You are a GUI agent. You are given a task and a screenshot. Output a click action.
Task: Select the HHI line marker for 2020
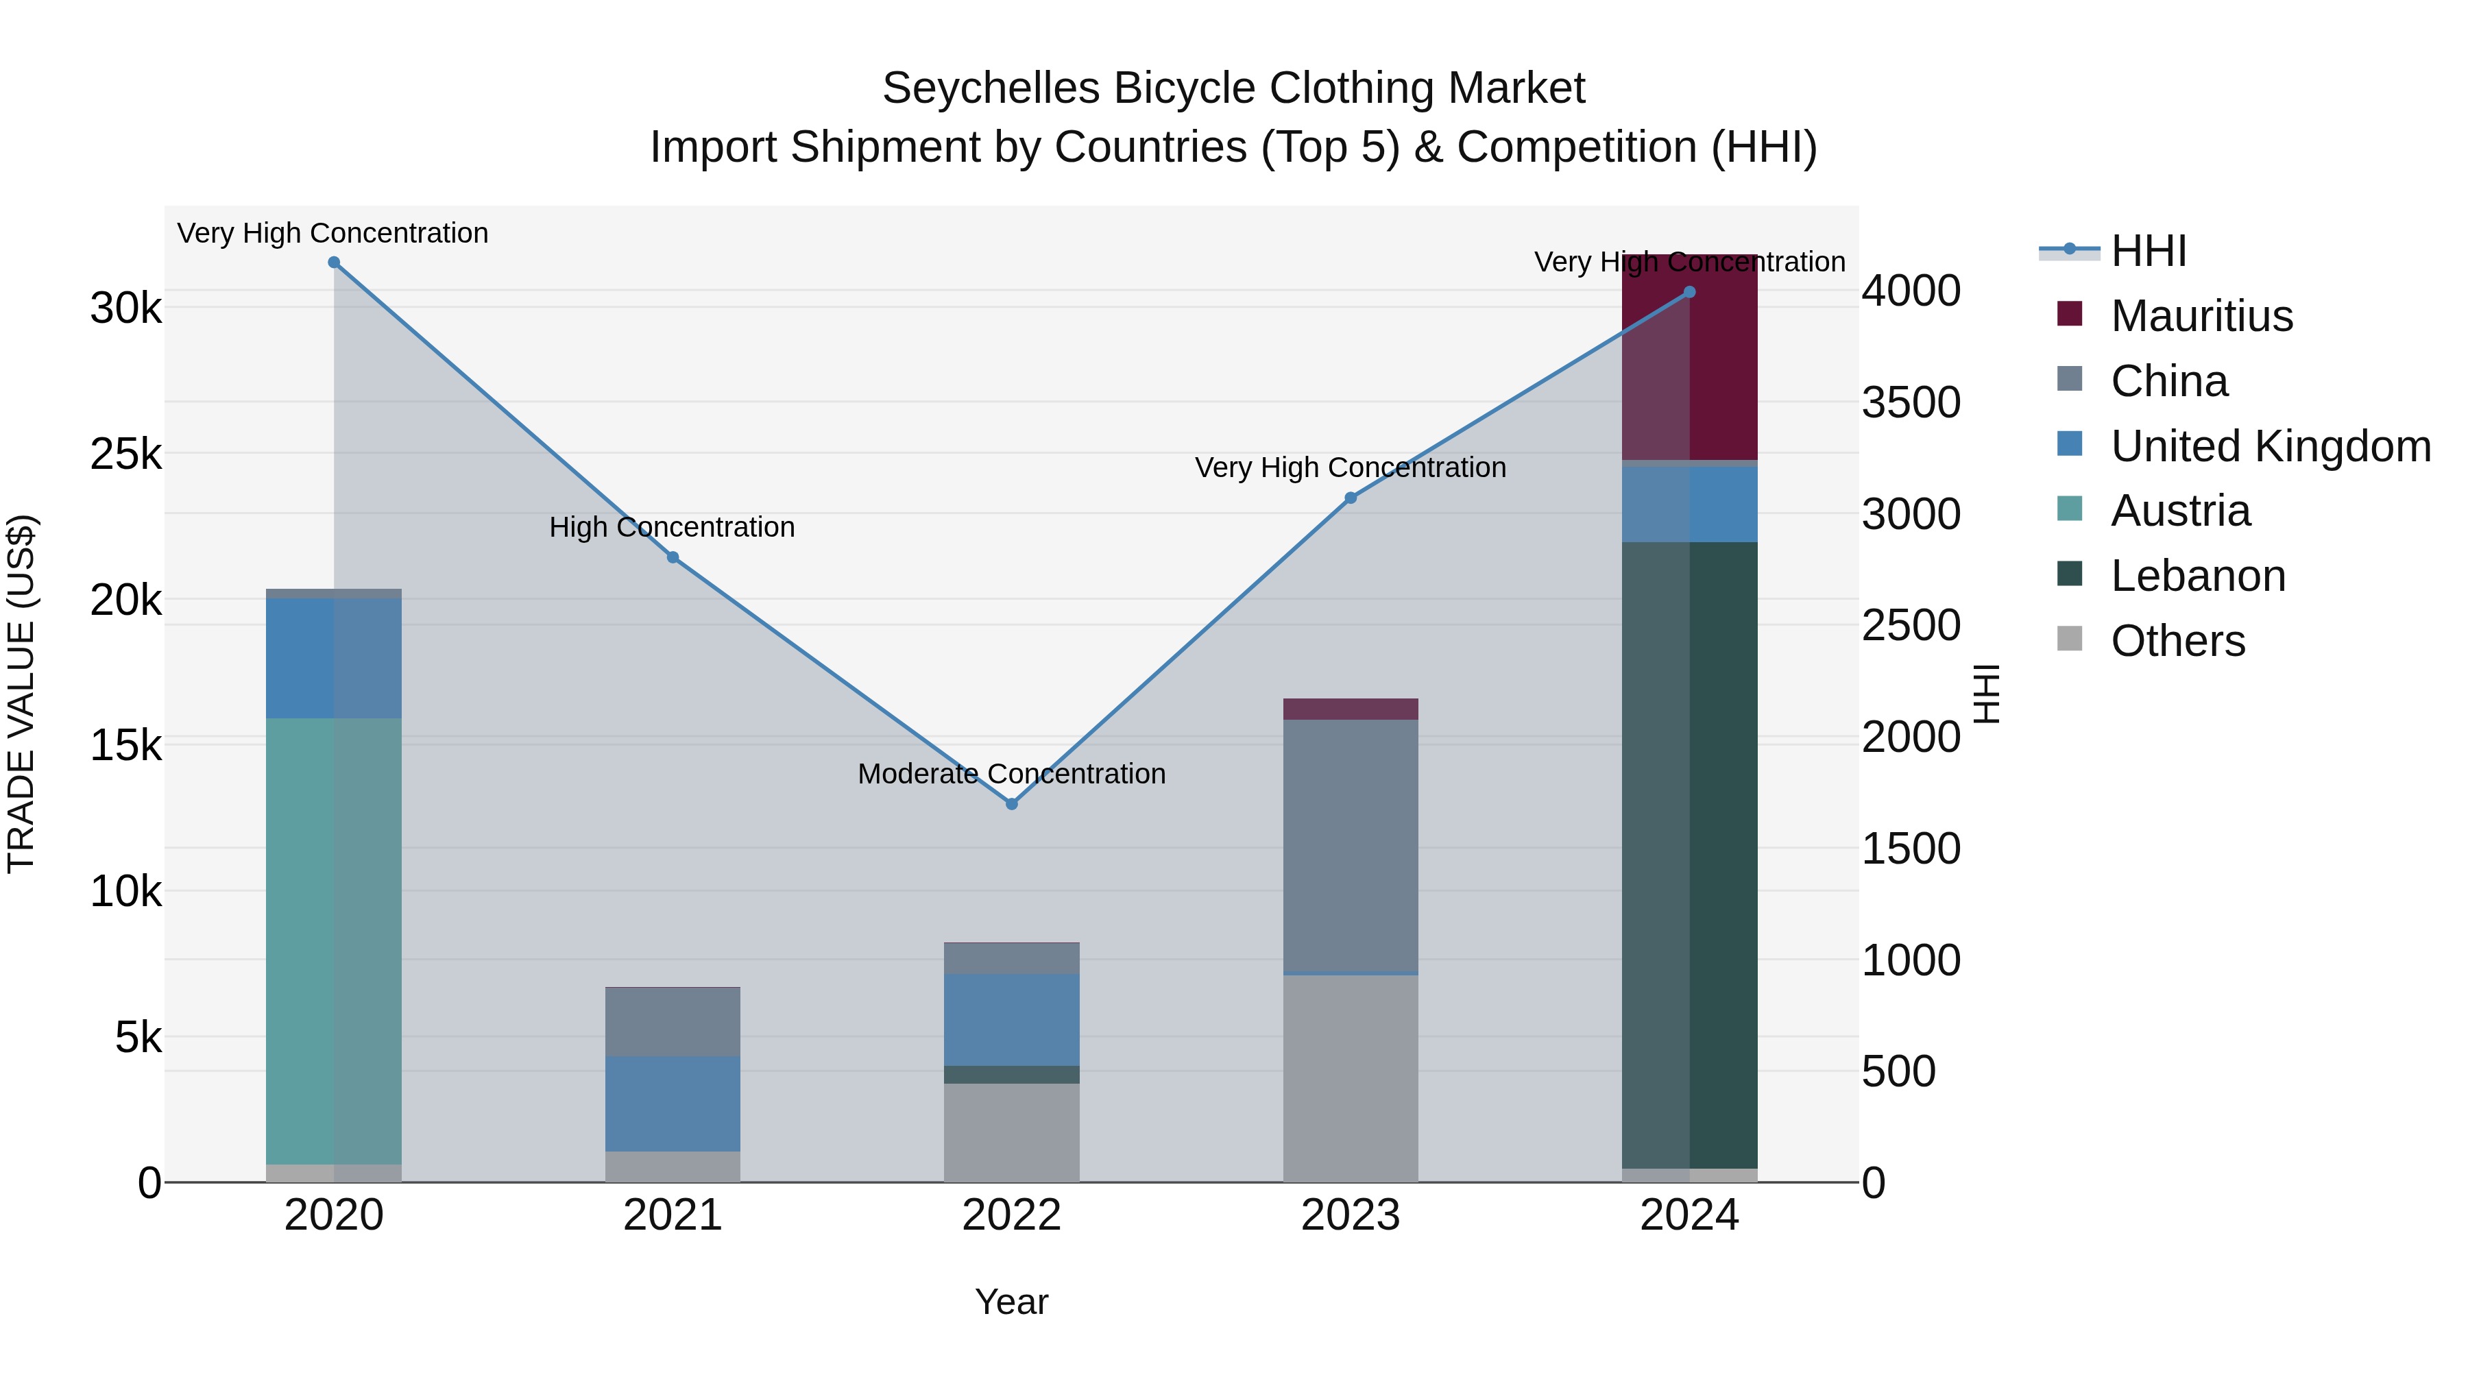point(333,263)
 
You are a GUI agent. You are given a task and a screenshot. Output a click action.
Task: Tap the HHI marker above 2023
point(1350,498)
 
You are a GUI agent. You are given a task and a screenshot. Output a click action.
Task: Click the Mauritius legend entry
point(2201,316)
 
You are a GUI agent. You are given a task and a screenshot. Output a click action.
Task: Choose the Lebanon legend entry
point(2197,576)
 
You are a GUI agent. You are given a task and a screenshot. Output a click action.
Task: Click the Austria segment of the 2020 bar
point(333,939)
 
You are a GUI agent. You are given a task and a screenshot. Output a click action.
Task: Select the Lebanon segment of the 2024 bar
point(1689,853)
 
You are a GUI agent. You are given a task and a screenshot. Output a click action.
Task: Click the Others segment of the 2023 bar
point(1350,1077)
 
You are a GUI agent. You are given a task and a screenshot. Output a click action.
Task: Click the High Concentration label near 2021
point(672,527)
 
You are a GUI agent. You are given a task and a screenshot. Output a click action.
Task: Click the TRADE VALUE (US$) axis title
point(21,694)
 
